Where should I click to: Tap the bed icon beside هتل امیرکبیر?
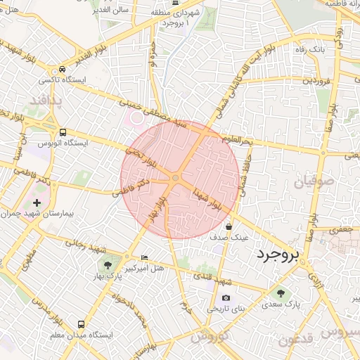point(145,257)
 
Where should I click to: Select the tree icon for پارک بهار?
point(108,266)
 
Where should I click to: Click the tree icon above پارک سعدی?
point(281,292)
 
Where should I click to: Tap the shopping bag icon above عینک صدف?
point(229,226)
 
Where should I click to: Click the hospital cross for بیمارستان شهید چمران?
point(37,202)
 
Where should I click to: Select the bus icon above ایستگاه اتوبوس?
point(63,131)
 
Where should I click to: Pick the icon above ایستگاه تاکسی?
point(63,70)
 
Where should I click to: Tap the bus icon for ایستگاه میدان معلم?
point(81,325)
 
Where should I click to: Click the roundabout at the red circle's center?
point(175,179)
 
